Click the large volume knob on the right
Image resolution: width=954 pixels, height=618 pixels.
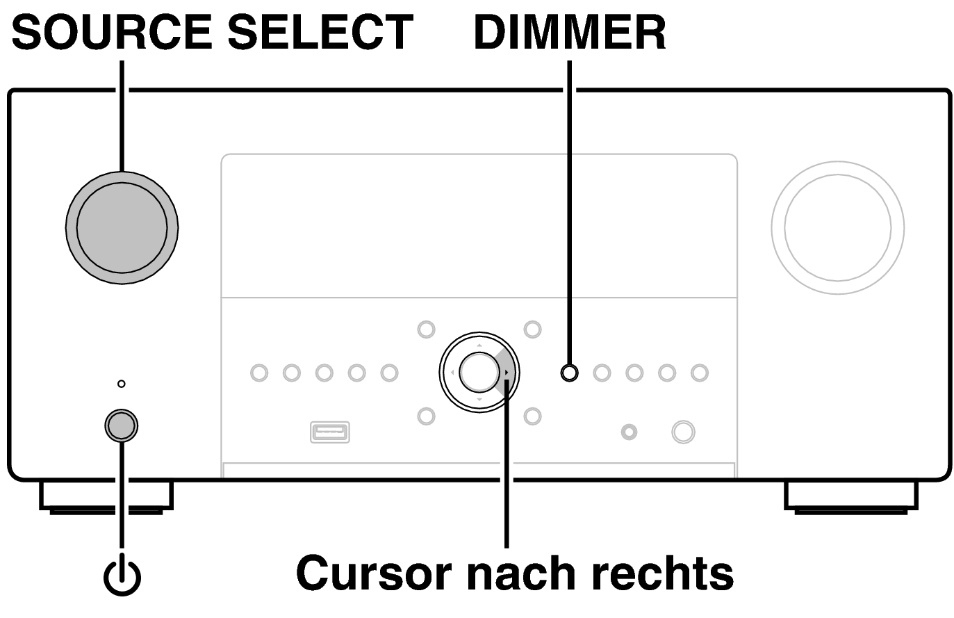pos(837,227)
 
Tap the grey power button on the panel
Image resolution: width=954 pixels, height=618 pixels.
pos(121,425)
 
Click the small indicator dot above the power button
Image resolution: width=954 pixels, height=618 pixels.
pos(122,384)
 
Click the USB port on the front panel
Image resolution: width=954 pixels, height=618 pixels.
pos(329,432)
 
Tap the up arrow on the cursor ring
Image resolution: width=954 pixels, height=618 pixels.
pos(479,345)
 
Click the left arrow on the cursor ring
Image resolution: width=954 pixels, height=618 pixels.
pos(452,373)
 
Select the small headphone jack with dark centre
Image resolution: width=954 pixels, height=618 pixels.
pos(629,432)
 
